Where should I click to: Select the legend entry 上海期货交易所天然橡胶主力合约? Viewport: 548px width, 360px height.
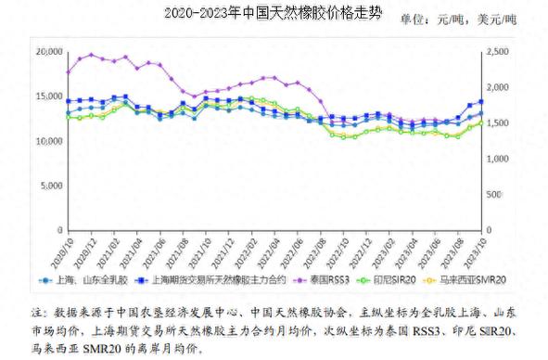click(x=222, y=279)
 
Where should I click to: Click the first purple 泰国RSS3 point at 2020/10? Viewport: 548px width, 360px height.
click(x=68, y=71)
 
